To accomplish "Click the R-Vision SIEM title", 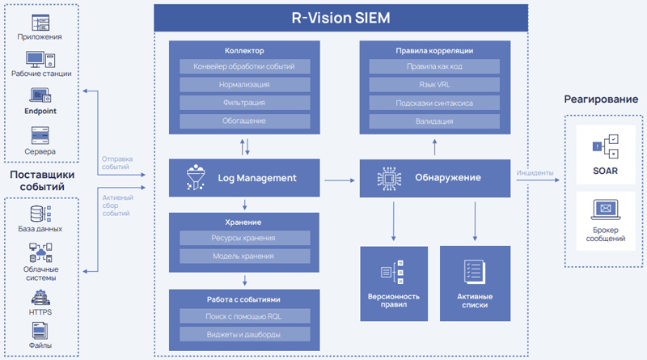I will click(x=340, y=17).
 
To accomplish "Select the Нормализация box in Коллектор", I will click(x=244, y=84).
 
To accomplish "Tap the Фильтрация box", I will click(x=244, y=103).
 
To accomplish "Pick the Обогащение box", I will click(x=244, y=121).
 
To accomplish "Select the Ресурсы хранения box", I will click(x=244, y=238).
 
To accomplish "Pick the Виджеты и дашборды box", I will click(x=244, y=333).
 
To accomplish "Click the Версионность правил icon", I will click(x=393, y=274).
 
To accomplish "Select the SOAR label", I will click(x=605, y=171).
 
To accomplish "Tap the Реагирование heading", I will click(x=601, y=99).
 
